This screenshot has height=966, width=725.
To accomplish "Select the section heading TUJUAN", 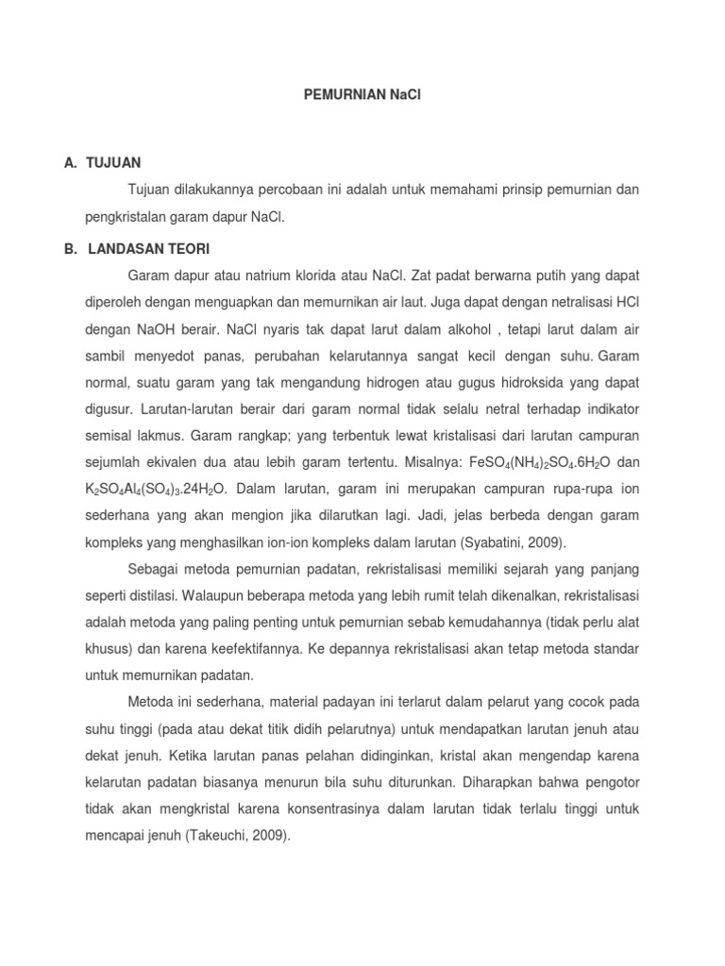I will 113,162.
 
